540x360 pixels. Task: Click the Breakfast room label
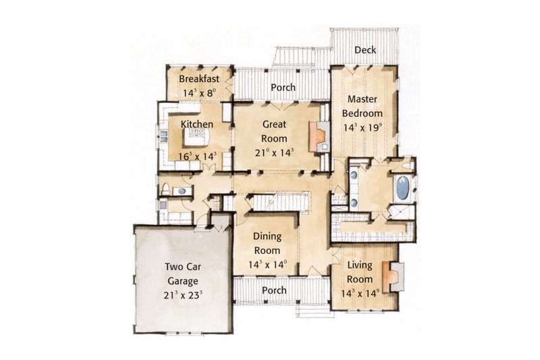click(x=199, y=78)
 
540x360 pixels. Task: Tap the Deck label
click(x=365, y=51)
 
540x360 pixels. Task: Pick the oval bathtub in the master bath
click(x=402, y=188)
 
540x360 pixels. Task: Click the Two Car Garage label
click(x=183, y=274)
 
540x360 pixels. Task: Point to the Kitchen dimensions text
click(x=197, y=157)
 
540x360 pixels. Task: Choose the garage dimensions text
click(x=183, y=294)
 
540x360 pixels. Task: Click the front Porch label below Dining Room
click(x=274, y=290)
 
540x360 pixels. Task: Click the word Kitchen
click(x=197, y=124)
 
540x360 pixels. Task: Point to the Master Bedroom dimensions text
click(x=362, y=127)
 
